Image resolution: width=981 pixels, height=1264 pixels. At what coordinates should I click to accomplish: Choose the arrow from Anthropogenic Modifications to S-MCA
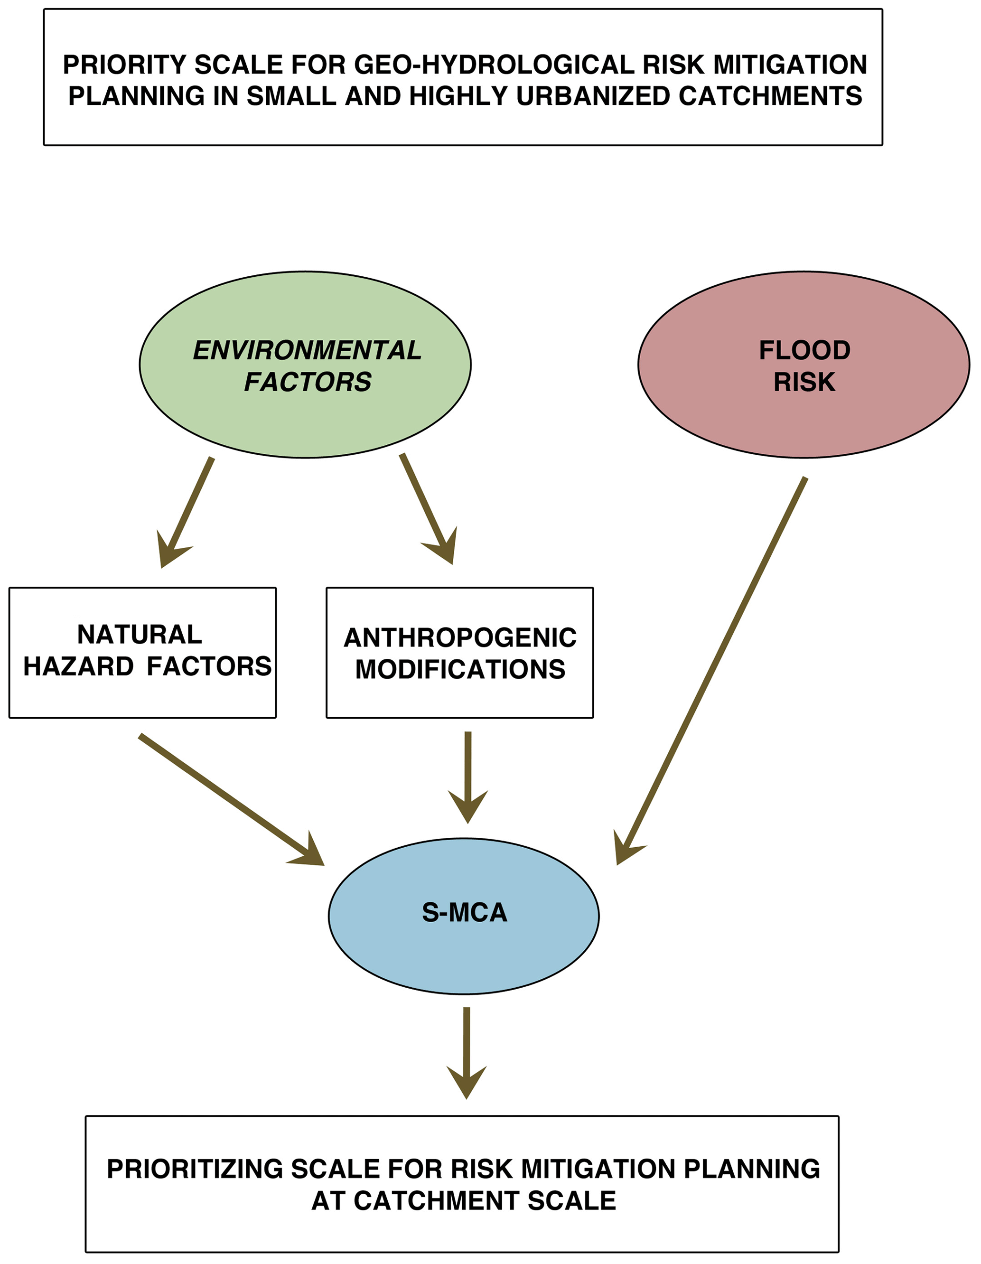coord(467,776)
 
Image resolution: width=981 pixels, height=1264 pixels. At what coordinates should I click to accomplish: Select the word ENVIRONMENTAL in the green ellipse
coord(307,350)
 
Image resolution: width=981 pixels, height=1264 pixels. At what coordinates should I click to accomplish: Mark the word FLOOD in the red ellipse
coord(804,350)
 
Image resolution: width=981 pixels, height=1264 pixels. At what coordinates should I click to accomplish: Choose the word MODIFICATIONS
coord(460,669)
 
